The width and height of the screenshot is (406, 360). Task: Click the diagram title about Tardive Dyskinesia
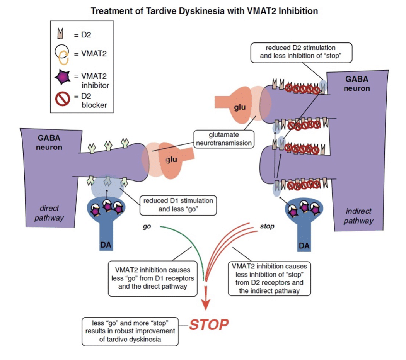[204, 11]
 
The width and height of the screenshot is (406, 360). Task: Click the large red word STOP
[209, 325]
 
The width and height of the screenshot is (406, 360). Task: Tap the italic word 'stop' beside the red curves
[266, 226]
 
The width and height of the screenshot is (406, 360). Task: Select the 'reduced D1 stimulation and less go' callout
[178, 205]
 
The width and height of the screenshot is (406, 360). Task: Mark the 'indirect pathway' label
[358, 216]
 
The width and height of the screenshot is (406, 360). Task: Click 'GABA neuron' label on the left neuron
[49, 143]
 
